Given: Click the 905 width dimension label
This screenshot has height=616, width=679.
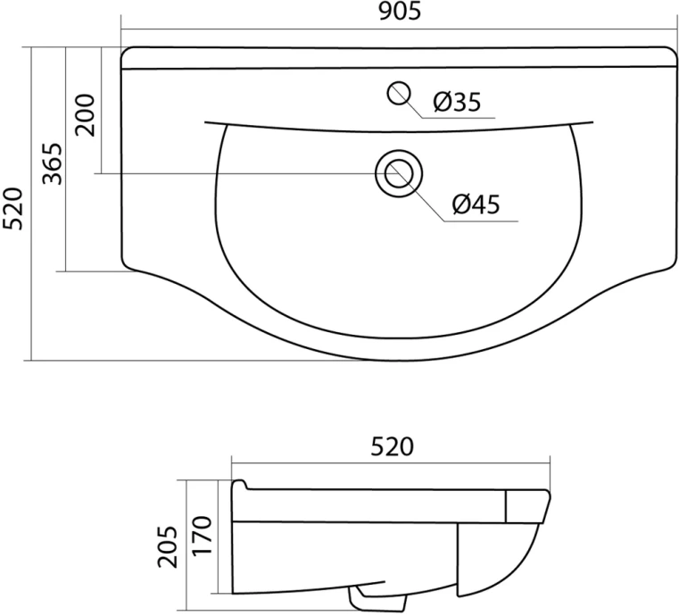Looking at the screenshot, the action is point(400,12).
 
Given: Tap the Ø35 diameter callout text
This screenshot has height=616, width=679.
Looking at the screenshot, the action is point(457,103).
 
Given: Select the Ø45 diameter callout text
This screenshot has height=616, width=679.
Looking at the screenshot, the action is point(476,204).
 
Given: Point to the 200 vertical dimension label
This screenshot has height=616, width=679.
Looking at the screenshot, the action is point(85,115).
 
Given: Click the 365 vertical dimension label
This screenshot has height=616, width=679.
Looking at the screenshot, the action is point(53,163).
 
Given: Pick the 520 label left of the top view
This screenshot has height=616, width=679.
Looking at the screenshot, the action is point(12,209).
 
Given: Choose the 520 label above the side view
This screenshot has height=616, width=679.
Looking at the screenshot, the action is point(392,447).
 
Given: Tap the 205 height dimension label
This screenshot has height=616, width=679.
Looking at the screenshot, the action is point(168,547).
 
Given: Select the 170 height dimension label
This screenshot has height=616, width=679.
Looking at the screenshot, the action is point(202,536).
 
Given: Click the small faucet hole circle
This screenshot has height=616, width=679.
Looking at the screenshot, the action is point(399,93).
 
